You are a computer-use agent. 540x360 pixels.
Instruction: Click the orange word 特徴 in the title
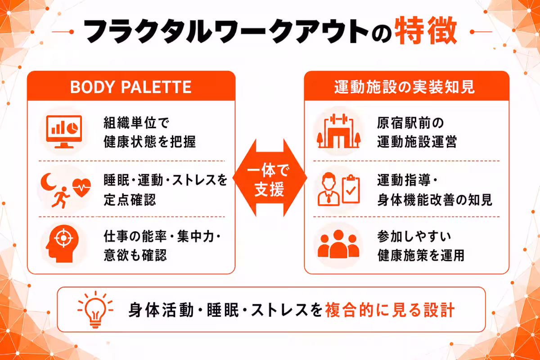tap(426, 31)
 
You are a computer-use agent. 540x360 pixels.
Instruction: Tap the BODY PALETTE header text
tap(131, 87)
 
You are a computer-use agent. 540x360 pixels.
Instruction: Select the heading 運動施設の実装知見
tap(405, 87)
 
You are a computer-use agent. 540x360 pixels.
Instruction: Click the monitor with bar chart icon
tap(64, 132)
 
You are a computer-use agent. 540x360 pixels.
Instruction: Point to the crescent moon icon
tap(48, 182)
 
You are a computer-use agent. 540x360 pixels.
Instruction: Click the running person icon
tap(61, 198)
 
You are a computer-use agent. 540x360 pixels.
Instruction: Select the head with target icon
tap(63, 243)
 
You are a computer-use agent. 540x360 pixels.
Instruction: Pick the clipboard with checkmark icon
tap(351, 189)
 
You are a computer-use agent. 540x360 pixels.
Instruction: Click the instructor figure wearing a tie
tap(328, 189)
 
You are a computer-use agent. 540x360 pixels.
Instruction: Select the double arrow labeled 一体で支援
tap(270, 178)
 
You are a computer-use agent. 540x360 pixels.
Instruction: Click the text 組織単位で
tap(136, 123)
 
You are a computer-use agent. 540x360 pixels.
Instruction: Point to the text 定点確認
tap(130, 200)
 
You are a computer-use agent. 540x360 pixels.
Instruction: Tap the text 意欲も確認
tap(135, 255)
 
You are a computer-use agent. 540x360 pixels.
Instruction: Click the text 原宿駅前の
tap(410, 123)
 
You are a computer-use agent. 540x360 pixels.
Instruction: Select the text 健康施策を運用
tap(421, 255)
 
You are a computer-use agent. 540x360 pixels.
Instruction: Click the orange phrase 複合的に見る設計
tap(390, 310)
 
